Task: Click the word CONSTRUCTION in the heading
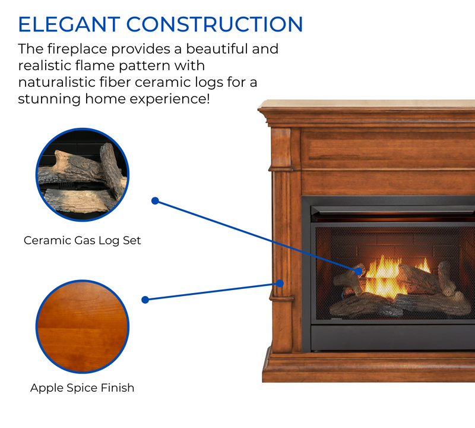(x=215, y=24)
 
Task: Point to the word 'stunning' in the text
(x=45, y=98)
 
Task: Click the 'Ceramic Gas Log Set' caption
(x=83, y=241)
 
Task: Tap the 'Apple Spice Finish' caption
(x=83, y=388)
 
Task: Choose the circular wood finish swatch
(x=83, y=326)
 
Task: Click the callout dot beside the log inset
(x=155, y=201)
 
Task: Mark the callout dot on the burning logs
(x=359, y=271)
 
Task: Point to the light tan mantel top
(x=368, y=104)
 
